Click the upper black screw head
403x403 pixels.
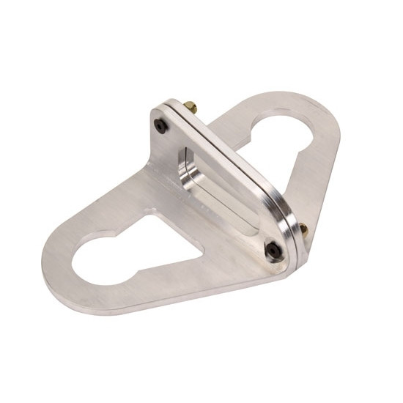pyautogui.click(x=161, y=127)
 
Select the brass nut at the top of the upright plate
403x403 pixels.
pyautogui.click(x=192, y=108)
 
